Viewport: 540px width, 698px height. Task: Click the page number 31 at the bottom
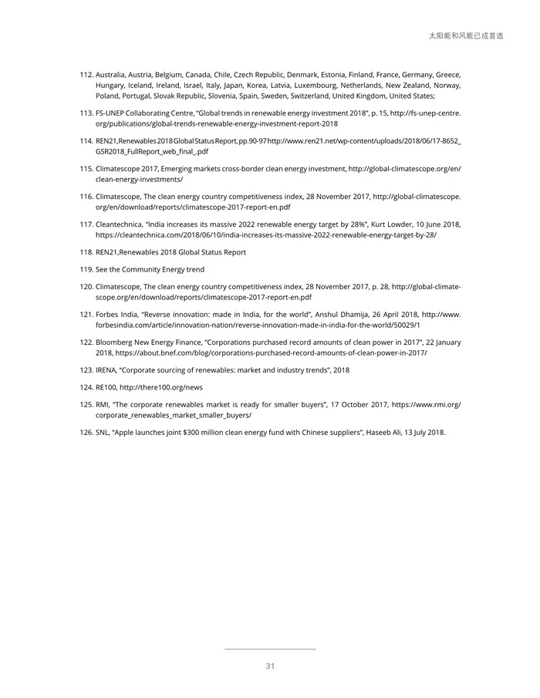[270, 666]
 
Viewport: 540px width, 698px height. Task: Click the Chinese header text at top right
[465, 35]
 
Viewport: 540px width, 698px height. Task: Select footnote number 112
[86, 74]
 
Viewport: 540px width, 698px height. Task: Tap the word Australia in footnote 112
[113, 74]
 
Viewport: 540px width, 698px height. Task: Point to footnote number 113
[86, 113]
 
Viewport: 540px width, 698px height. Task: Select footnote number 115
[86, 168]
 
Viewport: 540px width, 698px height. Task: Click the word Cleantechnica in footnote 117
[119, 224]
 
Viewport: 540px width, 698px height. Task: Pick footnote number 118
[86, 252]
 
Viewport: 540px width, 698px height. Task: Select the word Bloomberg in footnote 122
[116, 342]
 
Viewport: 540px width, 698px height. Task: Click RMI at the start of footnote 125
[103, 403]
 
